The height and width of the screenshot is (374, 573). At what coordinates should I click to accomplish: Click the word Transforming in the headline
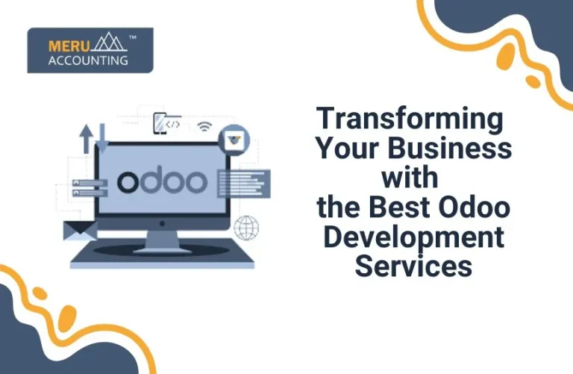coord(410,119)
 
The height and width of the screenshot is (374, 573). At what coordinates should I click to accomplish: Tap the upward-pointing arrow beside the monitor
coord(87,140)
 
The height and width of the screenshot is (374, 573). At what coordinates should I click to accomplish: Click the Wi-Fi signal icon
coord(204,126)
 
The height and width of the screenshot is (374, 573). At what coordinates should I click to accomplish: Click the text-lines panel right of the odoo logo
coord(242,183)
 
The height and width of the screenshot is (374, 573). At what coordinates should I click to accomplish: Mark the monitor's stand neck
coord(162,238)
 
